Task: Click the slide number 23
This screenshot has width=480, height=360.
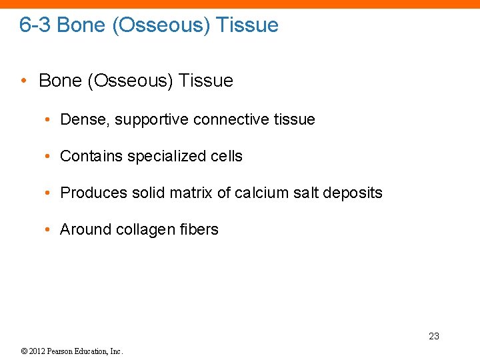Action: click(x=434, y=336)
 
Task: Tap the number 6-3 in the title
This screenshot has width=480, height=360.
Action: click(x=35, y=25)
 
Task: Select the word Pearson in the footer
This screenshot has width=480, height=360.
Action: click(x=65, y=351)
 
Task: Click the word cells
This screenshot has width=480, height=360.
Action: click(x=227, y=157)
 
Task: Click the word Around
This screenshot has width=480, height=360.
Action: click(x=85, y=230)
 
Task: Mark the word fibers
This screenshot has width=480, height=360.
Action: click(x=199, y=230)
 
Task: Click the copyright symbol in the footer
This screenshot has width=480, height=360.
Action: click(x=23, y=351)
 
